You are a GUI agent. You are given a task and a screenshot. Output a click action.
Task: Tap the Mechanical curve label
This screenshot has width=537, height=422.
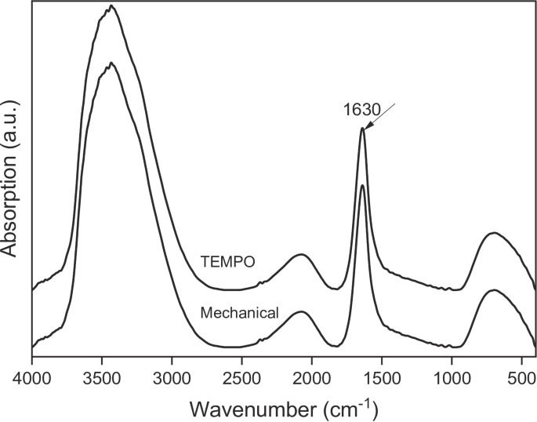coord(239,313)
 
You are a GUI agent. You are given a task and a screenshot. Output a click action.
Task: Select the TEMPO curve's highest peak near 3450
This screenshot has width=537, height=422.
coord(111,6)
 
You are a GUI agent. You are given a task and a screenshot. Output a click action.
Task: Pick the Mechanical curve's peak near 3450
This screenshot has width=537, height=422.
coord(111,62)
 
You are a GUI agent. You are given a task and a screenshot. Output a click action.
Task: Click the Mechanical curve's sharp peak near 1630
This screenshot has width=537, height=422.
coord(362,185)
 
